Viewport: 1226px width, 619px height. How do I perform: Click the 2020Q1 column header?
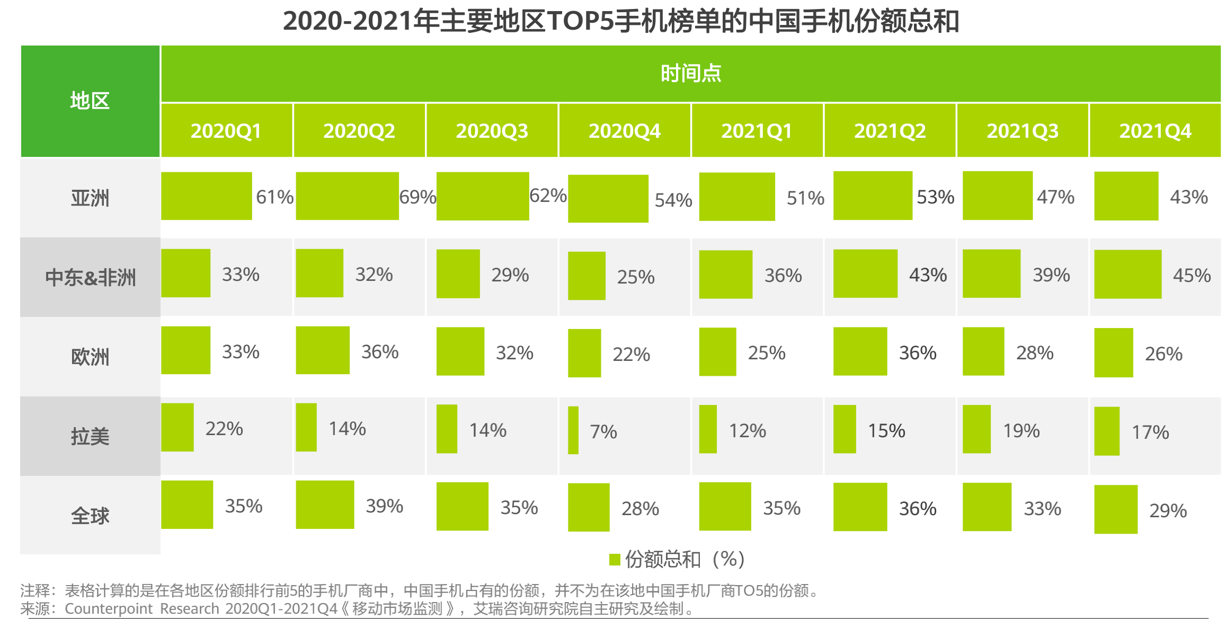click(226, 131)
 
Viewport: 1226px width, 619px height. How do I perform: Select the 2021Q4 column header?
click(1155, 131)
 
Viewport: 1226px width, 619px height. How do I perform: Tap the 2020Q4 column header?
click(625, 131)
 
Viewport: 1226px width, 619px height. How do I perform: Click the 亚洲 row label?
click(90, 198)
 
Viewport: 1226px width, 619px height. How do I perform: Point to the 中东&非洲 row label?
click(90, 277)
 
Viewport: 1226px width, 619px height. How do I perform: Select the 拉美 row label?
click(90, 436)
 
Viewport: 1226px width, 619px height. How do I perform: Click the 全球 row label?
click(90, 516)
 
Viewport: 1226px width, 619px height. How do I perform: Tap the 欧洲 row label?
click(90, 357)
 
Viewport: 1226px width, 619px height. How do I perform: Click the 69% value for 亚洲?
click(417, 197)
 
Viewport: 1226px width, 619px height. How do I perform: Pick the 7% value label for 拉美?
click(603, 432)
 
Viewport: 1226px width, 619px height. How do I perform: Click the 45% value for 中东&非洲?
click(1192, 276)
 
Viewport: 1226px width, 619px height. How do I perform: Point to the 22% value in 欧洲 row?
click(631, 354)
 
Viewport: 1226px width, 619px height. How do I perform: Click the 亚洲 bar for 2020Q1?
click(207, 196)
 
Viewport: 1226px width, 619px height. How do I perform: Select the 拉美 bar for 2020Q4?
click(573, 430)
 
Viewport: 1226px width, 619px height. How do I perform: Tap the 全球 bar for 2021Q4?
click(1116, 509)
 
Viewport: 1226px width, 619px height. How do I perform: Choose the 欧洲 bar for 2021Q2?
click(860, 351)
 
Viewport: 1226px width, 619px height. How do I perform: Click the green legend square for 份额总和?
click(615, 560)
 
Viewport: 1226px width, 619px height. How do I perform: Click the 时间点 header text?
click(691, 73)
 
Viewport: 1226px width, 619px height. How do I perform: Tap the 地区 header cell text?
click(90, 101)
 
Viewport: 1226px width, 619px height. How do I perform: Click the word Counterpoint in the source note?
click(109, 608)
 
